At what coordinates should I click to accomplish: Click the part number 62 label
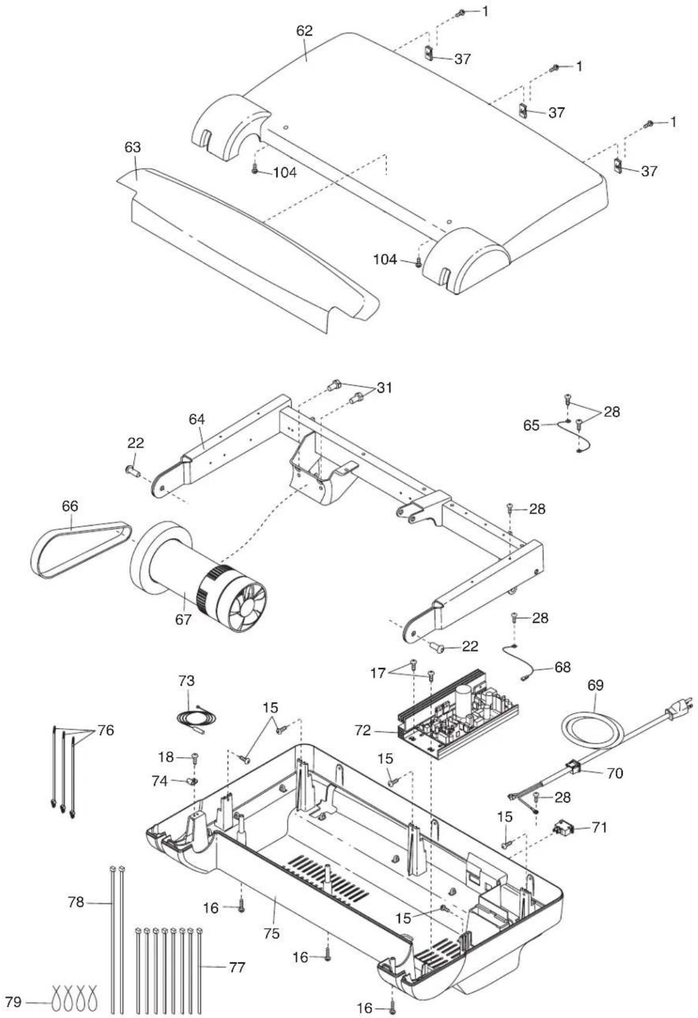click(x=305, y=31)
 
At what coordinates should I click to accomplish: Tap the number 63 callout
click(x=132, y=147)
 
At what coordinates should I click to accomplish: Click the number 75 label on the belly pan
click(x=272, y=933)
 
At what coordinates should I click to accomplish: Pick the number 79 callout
click(x=14, y=1001)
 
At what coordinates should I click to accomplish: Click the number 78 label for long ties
click(x=76, y=902)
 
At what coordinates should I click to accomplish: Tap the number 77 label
click(x=237, y=967)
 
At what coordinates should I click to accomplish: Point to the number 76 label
click(x=106, y=730)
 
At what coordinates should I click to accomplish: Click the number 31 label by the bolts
click(x=385, y=388)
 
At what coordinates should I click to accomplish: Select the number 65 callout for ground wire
click(x=531, y=425)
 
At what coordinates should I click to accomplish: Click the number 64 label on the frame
click(x=197, y=419)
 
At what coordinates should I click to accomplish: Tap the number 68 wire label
click(x=562, y=667)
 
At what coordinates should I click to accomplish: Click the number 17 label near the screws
click(x=378, y=673)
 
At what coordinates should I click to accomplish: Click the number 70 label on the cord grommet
click(x=614, y=773)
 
